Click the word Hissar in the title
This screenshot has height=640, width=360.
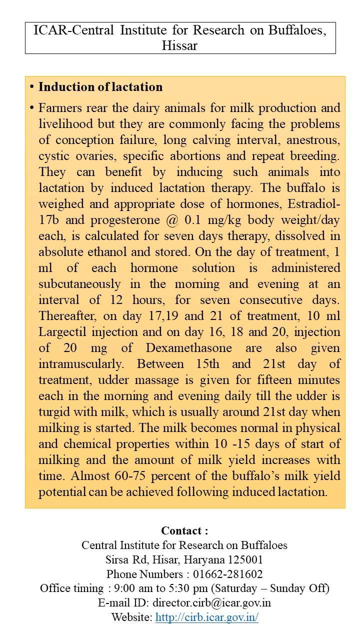180,46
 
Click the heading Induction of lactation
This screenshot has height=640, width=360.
100,87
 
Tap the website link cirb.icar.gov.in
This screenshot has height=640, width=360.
206,617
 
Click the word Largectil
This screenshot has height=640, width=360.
64,332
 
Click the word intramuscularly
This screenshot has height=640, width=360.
81,364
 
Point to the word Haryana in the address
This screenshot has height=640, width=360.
199,559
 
